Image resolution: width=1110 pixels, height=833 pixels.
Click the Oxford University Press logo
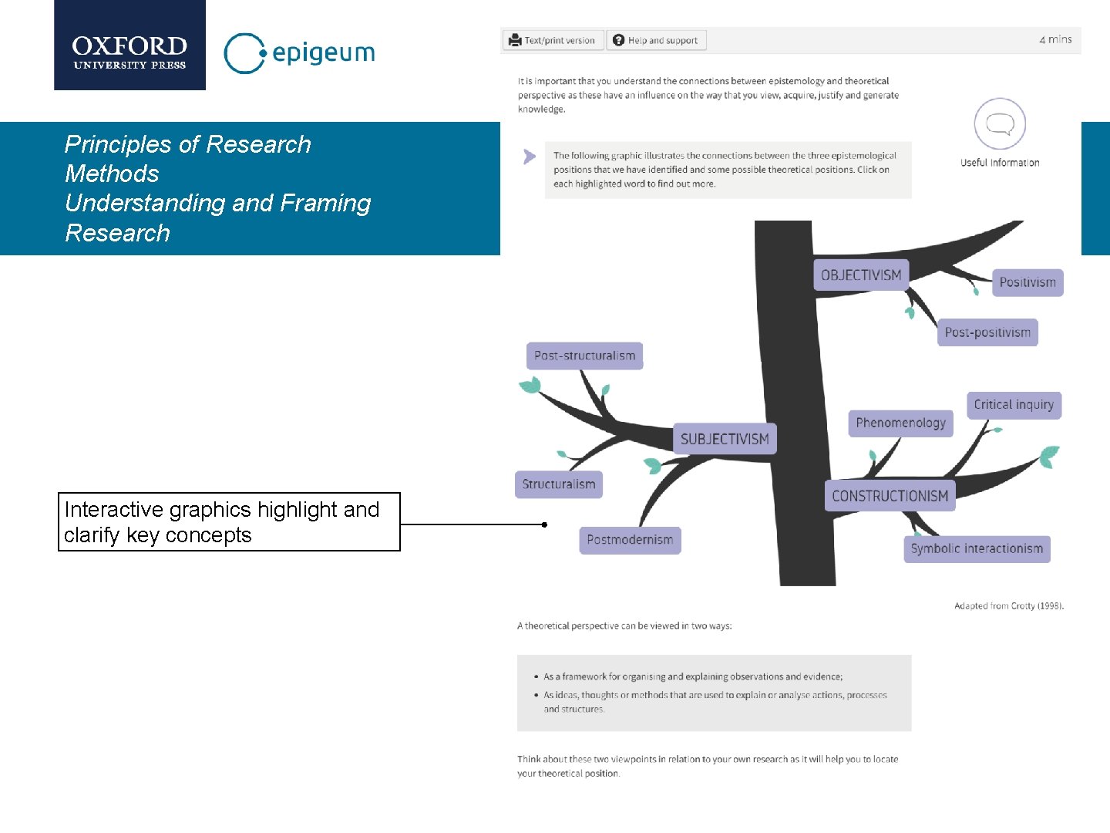pos(129,46)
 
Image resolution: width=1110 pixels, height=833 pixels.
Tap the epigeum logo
pos(299,52)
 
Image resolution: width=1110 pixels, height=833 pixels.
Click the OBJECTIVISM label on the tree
pos(861,275)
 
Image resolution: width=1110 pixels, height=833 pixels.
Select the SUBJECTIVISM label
pos(725,439)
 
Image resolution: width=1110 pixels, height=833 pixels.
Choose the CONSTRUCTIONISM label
pos(890,496)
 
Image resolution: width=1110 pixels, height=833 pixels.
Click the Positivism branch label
pos(1028,282)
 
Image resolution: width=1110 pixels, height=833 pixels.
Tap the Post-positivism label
pos(987,332)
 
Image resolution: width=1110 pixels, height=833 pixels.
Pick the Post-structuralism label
pos(584,356)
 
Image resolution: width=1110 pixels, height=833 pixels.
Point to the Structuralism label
pos(559,484)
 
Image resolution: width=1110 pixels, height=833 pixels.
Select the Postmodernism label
pos(630,540)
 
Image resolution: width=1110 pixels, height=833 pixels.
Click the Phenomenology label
pos(900,423)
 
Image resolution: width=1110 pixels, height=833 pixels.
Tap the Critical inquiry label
pos(1014,404)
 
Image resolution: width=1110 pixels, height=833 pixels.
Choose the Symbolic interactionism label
pos(977,548)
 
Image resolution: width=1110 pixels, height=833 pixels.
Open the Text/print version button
pos(553,40)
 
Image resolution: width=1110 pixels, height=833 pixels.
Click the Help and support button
pos(656,40)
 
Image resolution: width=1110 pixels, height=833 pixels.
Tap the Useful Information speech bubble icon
pos(1000,124)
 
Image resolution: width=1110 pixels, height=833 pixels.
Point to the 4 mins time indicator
pos(1055,39)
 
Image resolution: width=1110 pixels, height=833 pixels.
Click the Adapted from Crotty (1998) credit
pos(1008,606)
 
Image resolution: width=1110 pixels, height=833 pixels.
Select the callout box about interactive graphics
pos(229,522)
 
